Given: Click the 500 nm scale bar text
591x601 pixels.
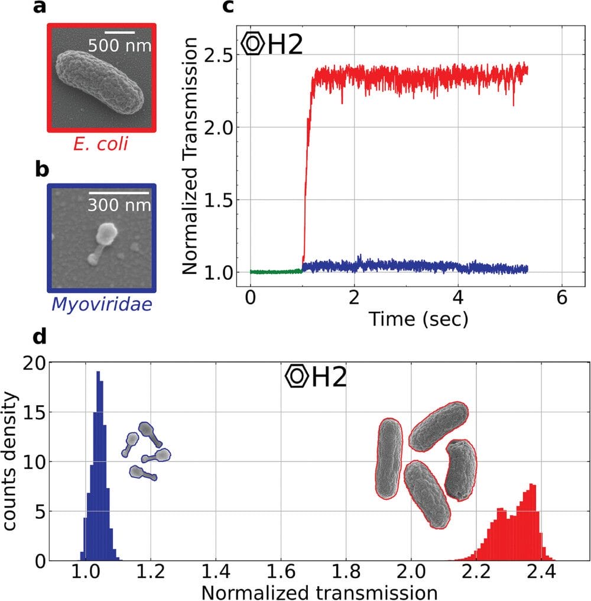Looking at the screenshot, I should point(120,45).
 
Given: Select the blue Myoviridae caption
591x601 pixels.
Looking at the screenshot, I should point(102,305).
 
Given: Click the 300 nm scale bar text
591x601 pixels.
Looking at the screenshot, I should point(120,205).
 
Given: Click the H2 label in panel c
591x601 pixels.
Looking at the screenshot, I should point(285,46).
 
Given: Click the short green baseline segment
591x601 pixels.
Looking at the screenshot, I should point(275,272).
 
